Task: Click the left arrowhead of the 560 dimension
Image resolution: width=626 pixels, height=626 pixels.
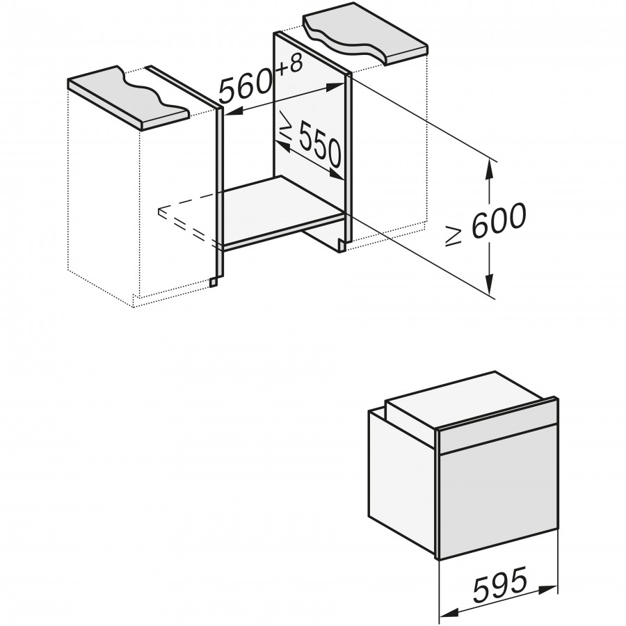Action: [x=235, y=112]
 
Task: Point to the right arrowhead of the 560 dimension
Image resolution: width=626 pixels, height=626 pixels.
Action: [x=336, y=86]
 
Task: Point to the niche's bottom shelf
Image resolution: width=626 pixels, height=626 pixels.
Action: [x=282, y=211]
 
